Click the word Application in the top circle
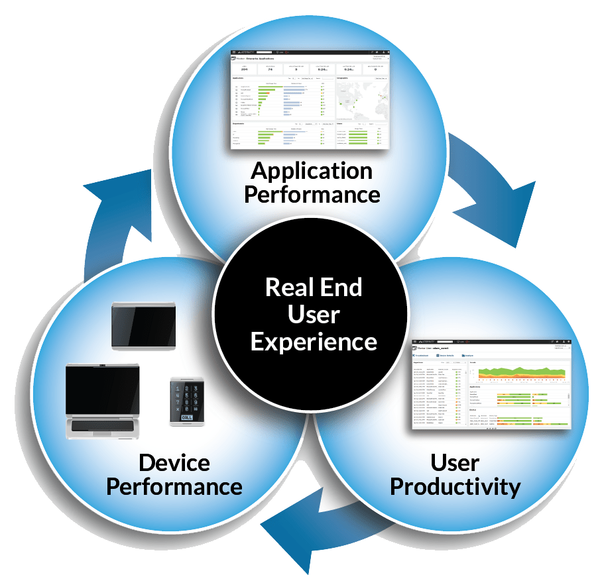click(312, 172)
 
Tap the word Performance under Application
click(312, 195)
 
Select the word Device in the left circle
click(174, 462)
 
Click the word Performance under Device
click(174, 487)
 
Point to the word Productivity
click(455, 487)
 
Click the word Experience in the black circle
click(314, 341)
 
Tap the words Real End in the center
click(314, 287)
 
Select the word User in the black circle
click(314, 314)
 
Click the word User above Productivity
click(455, 462)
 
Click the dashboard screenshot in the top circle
click(310, 99)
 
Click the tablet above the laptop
click(143, 325)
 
